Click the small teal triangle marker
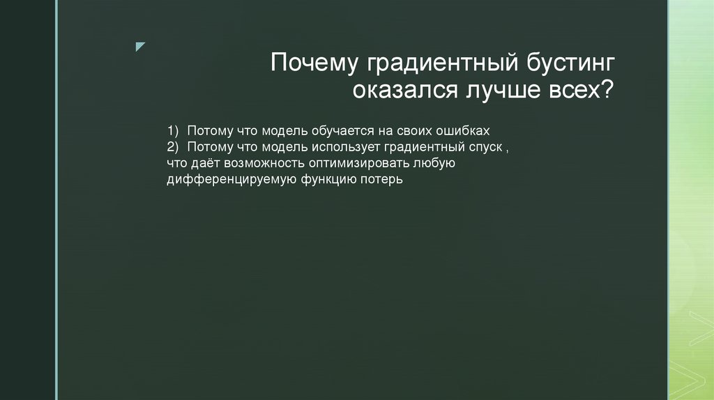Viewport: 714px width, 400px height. tap(140, 47)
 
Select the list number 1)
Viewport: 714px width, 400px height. tap(173, 131)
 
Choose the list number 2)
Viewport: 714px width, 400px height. tap(173, 147)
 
